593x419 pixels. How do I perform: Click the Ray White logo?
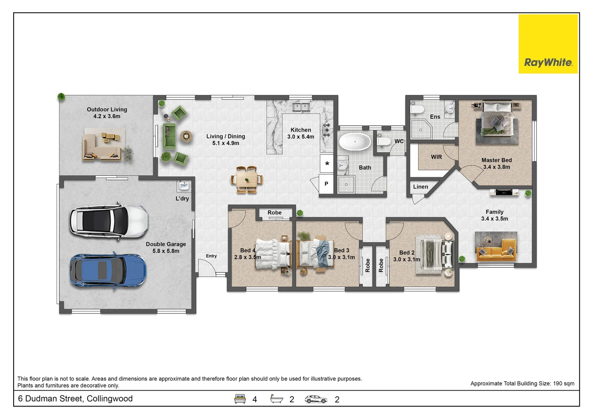[548, 44]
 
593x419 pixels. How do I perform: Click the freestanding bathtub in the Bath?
[355, 142]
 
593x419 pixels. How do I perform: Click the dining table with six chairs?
[247, 180]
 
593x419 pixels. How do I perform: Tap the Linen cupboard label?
[420, 187]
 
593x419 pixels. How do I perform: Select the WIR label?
[436, 157]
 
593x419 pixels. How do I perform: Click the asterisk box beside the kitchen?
[327, 163]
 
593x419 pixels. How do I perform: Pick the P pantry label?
[327, 184]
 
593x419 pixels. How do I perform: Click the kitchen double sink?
[301, 107]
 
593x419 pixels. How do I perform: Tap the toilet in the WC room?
[383, 141]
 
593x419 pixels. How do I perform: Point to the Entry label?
[211, 256]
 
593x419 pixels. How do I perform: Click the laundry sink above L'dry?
[184, 186]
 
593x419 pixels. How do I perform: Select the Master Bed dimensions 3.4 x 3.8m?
[496, 167]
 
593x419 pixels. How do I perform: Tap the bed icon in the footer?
[240, 399]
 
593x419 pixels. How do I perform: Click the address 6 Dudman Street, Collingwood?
[75, 398]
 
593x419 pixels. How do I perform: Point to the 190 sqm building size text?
[564, 384]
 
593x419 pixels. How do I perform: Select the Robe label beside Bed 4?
[275, 213]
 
